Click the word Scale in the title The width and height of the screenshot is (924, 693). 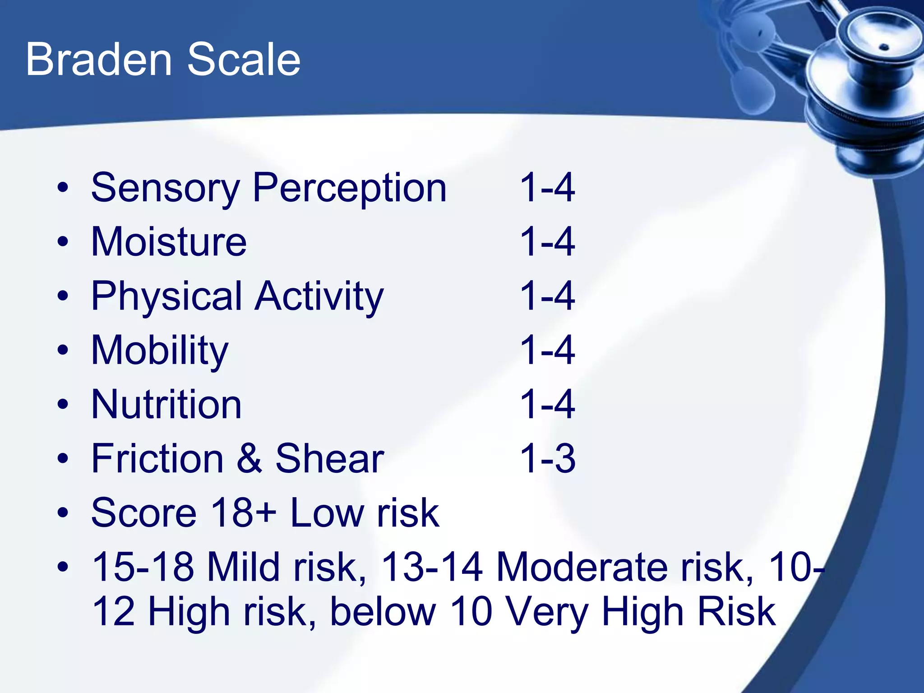(244, 60)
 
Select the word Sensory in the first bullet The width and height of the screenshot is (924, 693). (165, 189)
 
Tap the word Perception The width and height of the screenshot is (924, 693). (350, 189)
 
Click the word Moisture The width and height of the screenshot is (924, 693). (169, 242)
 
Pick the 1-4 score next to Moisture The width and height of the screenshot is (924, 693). (547, 242)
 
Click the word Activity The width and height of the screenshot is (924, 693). (319, 297)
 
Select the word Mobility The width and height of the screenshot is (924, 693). (160, 351)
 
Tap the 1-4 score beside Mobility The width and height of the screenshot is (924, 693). (547, 351)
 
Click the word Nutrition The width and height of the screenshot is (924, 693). (166, 405)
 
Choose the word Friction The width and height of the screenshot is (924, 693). (157, 459)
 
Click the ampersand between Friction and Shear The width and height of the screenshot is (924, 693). (249, 459)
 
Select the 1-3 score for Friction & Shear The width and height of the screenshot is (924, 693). (547, 459)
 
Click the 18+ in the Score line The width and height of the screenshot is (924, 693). (244, 513)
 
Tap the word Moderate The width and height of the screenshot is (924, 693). (582, 567)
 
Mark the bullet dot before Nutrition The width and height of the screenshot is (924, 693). (63, 405)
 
